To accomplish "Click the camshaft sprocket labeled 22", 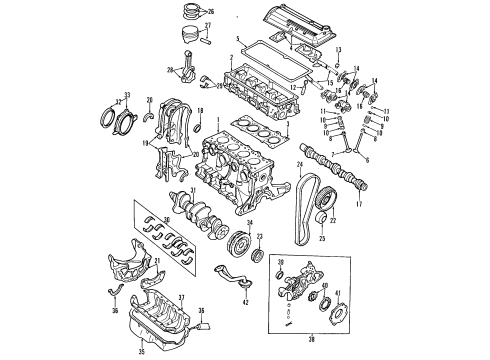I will pos(319,219).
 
